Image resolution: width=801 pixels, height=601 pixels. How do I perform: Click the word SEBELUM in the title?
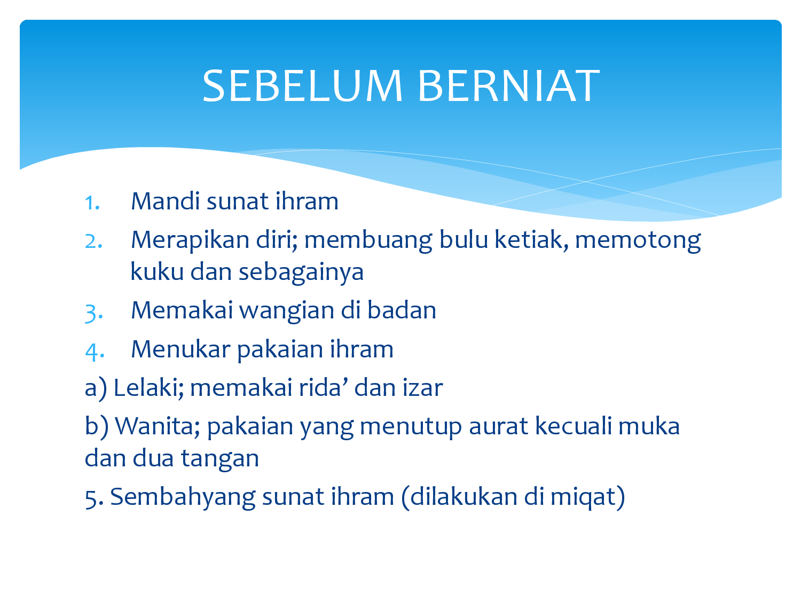(303, 86)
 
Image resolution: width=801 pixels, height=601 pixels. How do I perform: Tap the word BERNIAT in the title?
(509, 86)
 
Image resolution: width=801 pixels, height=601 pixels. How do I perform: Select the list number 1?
(92, 202)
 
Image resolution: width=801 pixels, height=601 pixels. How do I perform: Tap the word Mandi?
(166, 201)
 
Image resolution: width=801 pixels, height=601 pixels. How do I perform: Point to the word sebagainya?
(301, 273)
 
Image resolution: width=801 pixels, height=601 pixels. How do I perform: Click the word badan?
(402, 310)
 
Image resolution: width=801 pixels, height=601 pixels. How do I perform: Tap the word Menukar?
(180, 349)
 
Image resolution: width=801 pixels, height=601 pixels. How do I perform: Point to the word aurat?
(498, 427)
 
